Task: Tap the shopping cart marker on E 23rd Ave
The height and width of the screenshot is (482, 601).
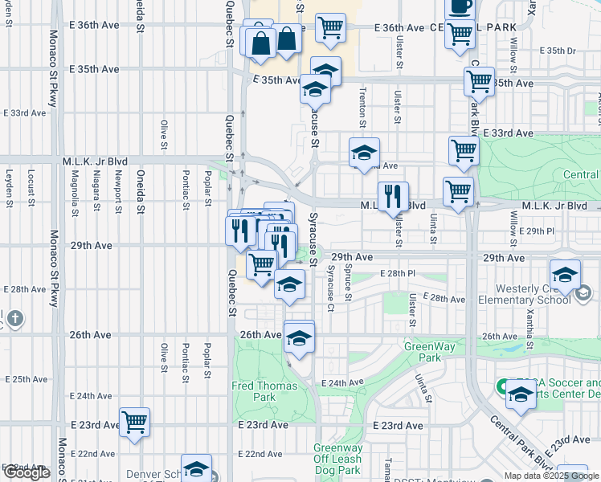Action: click(134, 422)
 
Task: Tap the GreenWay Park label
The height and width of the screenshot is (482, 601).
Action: click(423, 352)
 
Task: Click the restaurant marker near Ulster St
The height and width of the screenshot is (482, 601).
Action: click(393, 196)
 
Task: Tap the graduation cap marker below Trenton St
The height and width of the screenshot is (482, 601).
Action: click(364, 152)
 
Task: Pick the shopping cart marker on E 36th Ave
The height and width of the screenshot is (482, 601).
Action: click(330, 28)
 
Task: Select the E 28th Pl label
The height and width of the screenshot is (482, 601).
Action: click(399, 274)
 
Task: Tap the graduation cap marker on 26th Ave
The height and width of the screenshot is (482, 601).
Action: click(299, 337)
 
